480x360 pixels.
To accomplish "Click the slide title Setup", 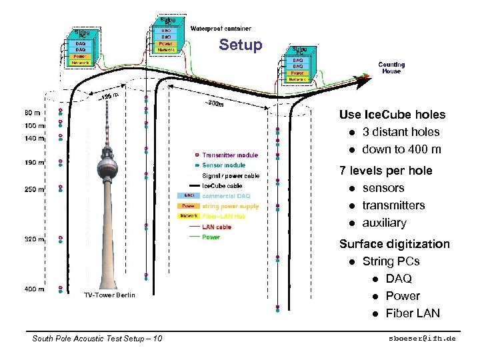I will (241, 45).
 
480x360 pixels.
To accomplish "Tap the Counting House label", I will (391, 68).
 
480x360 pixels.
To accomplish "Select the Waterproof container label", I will (221, 29).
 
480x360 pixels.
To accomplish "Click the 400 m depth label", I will (34, 289).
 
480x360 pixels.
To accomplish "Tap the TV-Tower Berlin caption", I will (109, 295).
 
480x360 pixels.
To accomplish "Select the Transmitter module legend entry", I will (229, 155).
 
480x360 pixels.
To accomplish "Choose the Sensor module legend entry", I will (223, 165).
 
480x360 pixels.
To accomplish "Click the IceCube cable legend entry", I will (222, 185).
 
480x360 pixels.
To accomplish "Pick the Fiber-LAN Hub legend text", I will (225, 216).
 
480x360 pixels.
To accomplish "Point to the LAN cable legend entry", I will (217, 227).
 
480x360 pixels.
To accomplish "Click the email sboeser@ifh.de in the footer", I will (423, 339).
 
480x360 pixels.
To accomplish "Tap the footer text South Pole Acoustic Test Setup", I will (97, 339).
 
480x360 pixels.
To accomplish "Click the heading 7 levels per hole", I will (385, 171).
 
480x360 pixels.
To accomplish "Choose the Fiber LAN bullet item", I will (413, 313).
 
